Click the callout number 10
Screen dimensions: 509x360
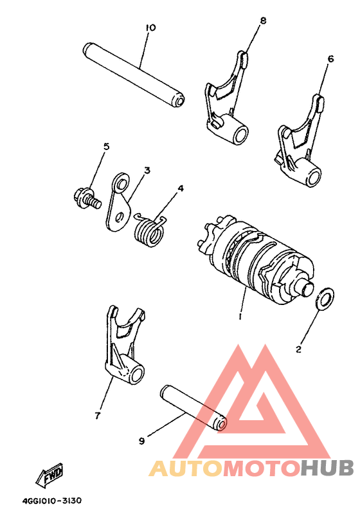(x=150, y=28)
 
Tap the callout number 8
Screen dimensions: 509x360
(x=262, y=21)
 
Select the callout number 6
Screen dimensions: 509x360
(x=330, y=59)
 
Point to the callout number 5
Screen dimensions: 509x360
(x=106, y=147)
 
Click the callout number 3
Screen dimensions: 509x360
(x=147, y=171)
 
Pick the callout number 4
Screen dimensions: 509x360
(x=181, y=189)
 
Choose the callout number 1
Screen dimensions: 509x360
(x=239, y=317)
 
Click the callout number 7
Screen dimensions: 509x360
(x=98, y=415)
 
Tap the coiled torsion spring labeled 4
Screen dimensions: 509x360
(x=150, y=230)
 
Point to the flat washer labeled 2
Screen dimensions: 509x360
(x=326, y=297)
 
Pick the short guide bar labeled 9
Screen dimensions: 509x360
(x=193, y=408)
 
